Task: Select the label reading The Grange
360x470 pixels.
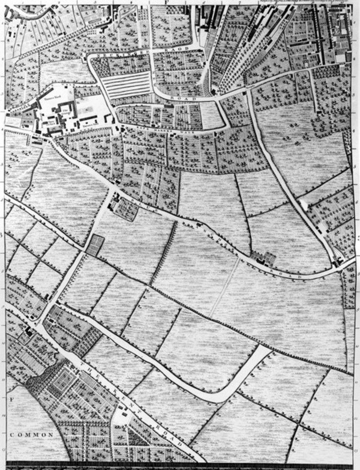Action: [x=66, y=112]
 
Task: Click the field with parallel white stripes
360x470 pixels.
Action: [x=126, y=85]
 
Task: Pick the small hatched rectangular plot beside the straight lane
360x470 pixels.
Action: [x=95, y=245]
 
